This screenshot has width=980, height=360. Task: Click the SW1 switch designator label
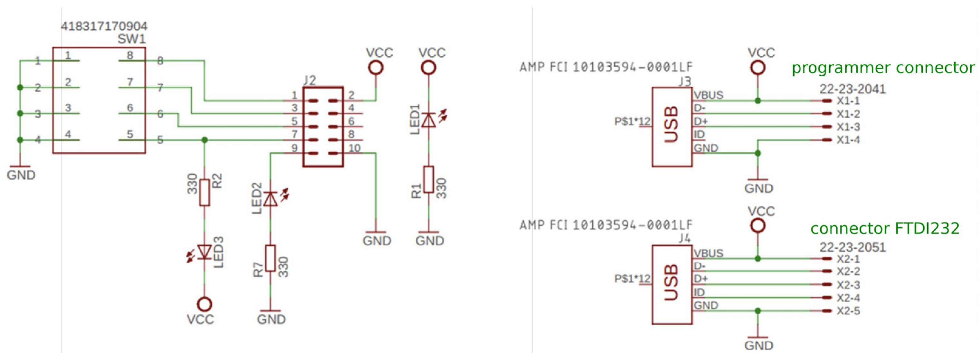point(132,39)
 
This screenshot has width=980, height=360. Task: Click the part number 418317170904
point(104,26)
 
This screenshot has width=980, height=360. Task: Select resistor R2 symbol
point(205,193)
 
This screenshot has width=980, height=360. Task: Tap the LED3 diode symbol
point(205,252)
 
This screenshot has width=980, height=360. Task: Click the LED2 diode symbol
point(270,198)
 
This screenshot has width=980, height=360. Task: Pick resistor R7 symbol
point(270,258)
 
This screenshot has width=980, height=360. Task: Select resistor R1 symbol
point(429,179)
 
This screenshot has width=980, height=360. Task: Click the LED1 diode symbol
point(429,120)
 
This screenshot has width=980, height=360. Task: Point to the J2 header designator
point(310,80)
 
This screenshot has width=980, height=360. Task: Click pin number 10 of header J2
point(354,148)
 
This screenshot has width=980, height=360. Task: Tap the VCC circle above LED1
point(429,68)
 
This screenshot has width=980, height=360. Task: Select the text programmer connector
point(883,68)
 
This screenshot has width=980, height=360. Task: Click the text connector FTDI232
point(885,228)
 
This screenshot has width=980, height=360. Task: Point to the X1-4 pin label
point(848,140)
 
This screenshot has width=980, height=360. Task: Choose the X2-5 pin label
point(848,311)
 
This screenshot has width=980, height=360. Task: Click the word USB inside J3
point(672,124)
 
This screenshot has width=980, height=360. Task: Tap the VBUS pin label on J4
point(708,253)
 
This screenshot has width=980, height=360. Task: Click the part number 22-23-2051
point(853,247)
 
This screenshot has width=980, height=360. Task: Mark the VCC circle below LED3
point(205,304)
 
